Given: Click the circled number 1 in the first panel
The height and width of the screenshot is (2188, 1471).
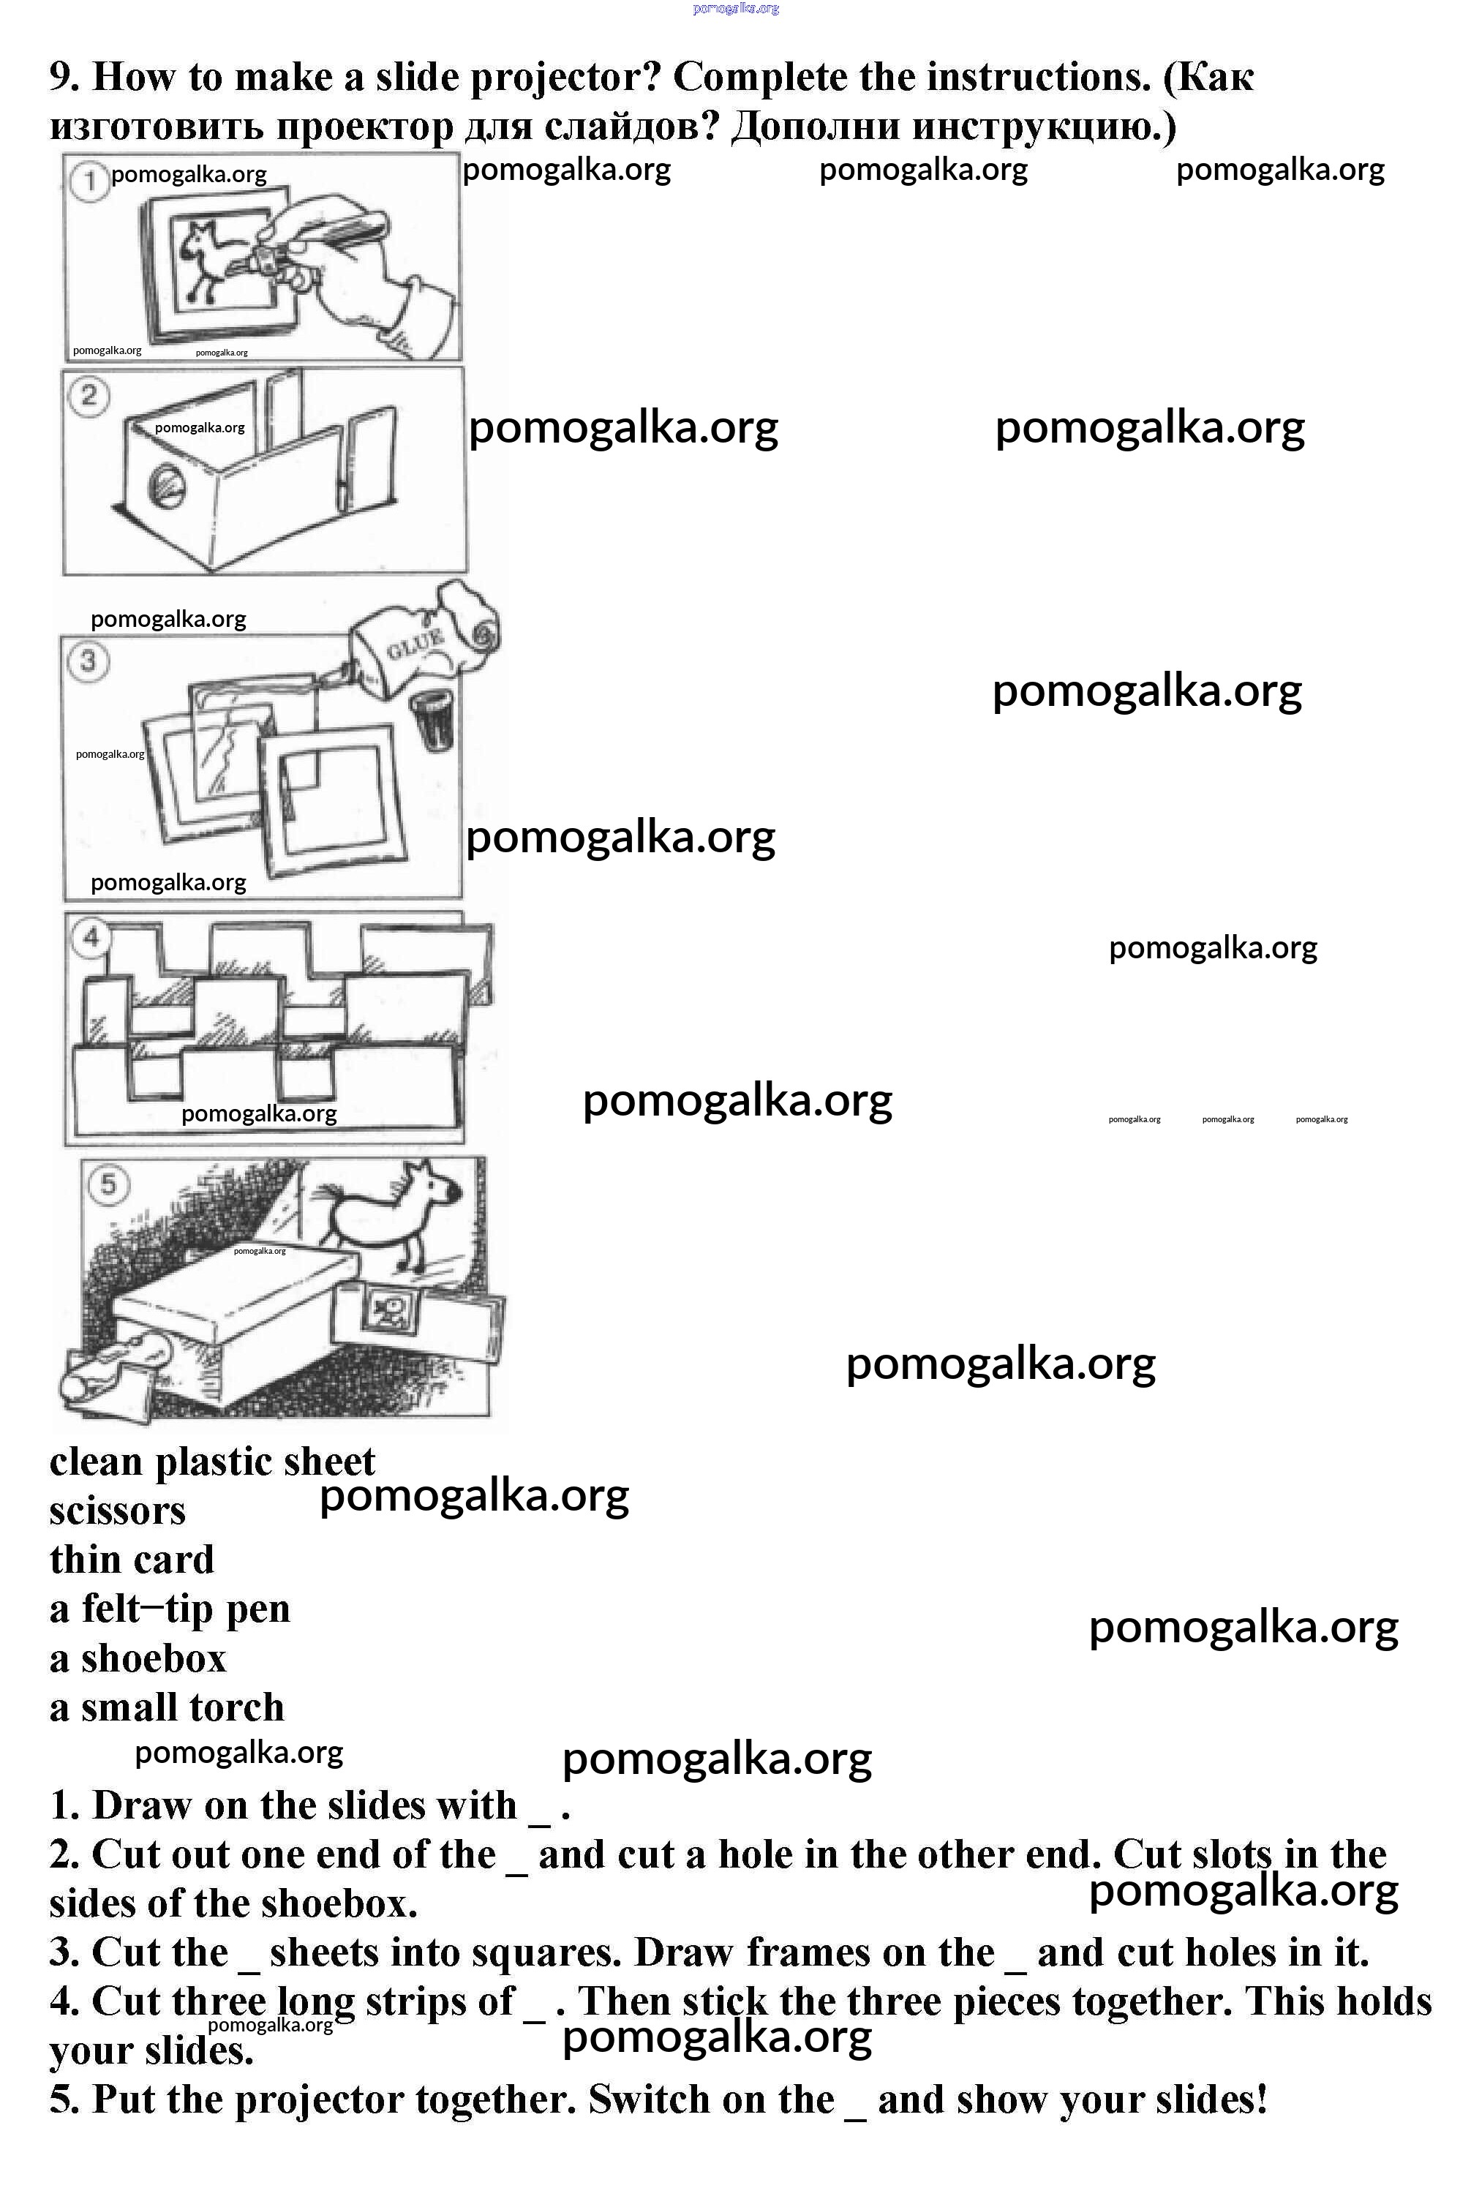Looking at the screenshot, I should click(90, 180).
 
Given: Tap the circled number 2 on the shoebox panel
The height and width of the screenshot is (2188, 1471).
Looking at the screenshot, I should click(89, 395).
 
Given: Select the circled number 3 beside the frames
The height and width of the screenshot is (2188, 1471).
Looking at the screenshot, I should click(89, 661).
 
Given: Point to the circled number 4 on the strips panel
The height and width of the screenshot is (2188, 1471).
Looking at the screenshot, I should click(91, 937).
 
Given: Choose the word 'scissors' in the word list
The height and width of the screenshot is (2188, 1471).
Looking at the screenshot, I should click(117, 1511).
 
